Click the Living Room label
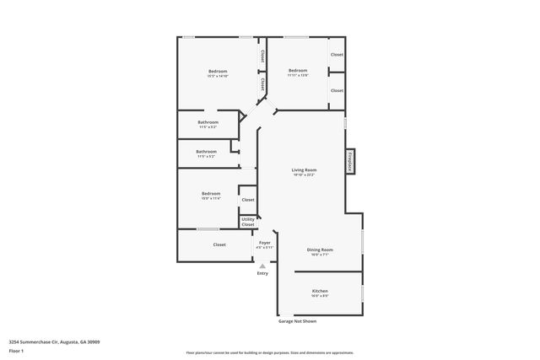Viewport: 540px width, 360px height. pyautogui.click(x=304, y=170)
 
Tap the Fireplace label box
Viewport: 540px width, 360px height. pyautogui.click(x=348, y=161)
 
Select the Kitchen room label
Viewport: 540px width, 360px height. pyautogui.click(x=320, y=291)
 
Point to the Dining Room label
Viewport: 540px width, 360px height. pyautogui.click(x=320, y=250)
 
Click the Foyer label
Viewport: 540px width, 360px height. pyautogui.click(x=265, y=243)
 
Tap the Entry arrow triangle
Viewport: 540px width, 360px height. pyautogui.click(x=262, y=266)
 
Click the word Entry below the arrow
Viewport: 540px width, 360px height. pyautogui.click(x=262, y=273)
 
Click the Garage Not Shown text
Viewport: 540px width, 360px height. pyautogui.click(x=298, y=321)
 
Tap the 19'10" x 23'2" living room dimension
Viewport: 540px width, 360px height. pyautogui.click(x=304, y=175)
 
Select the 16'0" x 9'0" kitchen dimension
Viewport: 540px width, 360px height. pyautogui.click(x=320, y=296)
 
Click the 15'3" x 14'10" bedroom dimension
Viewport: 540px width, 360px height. pyautogui.click(x=219, y=76)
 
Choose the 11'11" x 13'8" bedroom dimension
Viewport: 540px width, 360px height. pyautogui.click(x=298, y=76)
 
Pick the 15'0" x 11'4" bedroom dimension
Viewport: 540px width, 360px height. pyautogui.click(x=211, y=199)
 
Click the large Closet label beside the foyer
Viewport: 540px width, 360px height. pyautogui.click(x=219, y=244)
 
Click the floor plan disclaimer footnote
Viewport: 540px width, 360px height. pyautogui.click(x=270, y=352)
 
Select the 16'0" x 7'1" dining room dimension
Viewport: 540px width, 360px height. pyautogui.click(x=320, y=255)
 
